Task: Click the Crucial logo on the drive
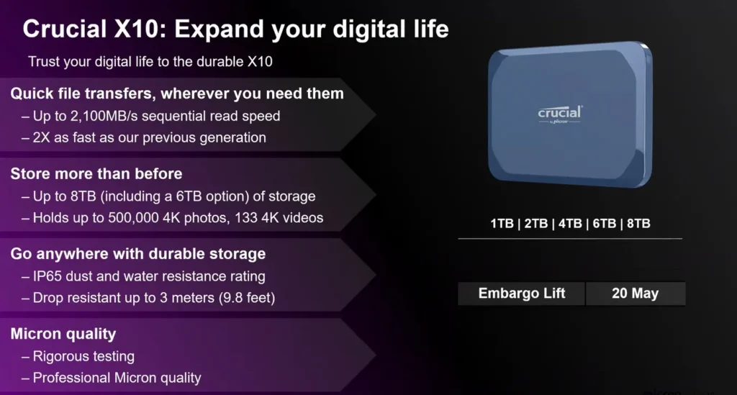[x=559, y=114]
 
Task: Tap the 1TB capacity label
[x=502, y=224]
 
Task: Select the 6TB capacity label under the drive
[x=605, y=224]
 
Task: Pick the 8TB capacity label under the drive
[x=638, y=224]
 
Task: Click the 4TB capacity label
[x=570, y=224]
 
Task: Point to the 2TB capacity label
[x=536, y=224]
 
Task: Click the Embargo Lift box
[x=521, y=294]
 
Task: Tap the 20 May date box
[x=636, y=294]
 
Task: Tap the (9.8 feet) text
[x=247, y=298]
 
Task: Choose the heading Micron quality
[x=63, y=334]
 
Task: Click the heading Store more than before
[x=96, y=174]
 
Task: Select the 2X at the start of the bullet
[x=41, y=137]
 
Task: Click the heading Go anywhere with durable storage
[x=137, y=254]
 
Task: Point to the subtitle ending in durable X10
[x=150, y=62]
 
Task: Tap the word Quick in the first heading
[x=32, y=94]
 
